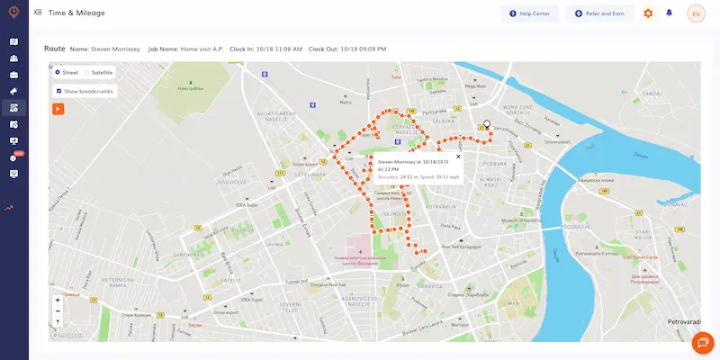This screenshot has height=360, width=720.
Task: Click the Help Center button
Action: point(530,13)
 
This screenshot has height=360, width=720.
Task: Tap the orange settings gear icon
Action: point(648,13)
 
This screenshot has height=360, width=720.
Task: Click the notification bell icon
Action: point(669,13)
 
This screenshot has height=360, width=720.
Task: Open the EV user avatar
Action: point(696,13)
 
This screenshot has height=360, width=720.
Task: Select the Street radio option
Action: point(58,72)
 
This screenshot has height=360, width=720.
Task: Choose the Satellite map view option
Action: point(87,72)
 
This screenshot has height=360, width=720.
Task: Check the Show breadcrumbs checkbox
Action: point(58,91)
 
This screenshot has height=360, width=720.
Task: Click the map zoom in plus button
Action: point(58,300)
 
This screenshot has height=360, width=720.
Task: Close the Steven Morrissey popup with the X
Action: point(458,157)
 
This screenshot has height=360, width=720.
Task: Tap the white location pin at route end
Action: point(487,125)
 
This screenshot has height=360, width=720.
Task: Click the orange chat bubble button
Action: point(701,343)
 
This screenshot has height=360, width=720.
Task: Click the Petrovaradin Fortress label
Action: point(597,252)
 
